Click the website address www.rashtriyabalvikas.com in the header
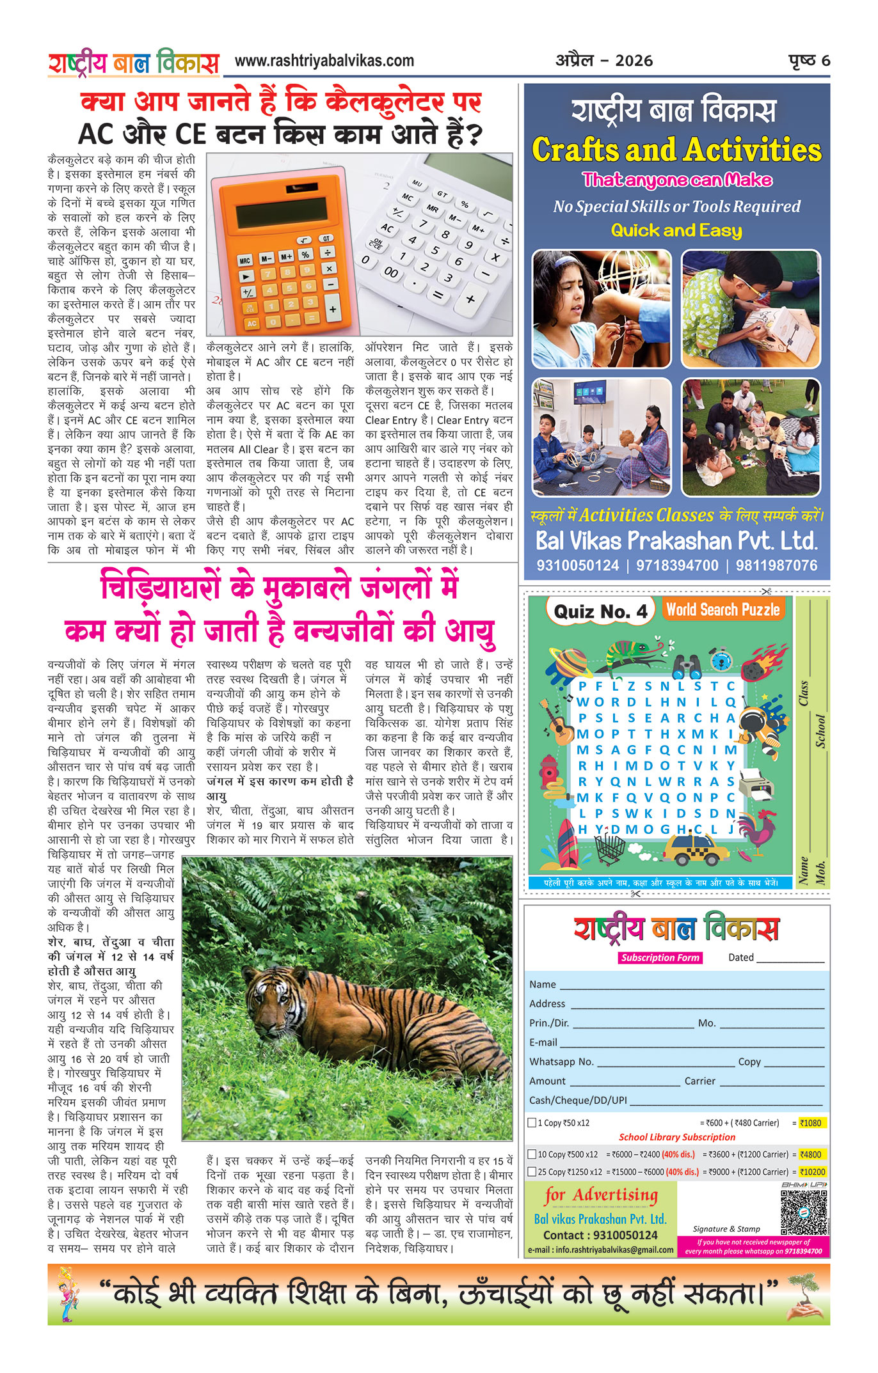324,61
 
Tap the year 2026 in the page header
634,61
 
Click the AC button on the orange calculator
252,324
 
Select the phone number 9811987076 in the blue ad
776,565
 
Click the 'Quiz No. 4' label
600,612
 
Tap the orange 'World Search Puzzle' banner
723,609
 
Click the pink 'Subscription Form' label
660,957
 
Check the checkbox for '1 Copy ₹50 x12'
532,1122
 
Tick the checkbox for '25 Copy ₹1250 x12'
532,1172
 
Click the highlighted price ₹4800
810,1154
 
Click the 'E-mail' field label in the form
543,1042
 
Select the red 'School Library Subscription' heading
677,1137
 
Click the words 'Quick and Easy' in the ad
676,230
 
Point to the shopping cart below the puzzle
609,849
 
